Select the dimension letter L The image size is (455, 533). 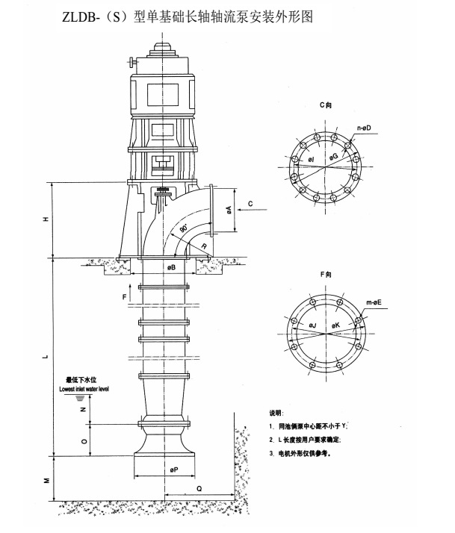pyautogui.click(x=45, y=357)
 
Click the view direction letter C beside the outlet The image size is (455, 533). pyautogui.click(x=250, y=202)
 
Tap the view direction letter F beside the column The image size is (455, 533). pyautogui.click(x=125, y=296)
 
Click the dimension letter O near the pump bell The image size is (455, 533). pyautogui.click(x=84, y=440)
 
